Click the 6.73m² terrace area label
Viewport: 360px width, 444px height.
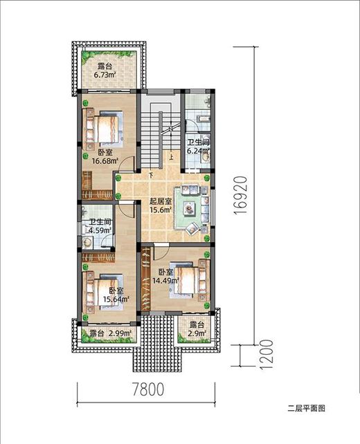tap(105, 75)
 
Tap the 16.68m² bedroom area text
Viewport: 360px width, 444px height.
tap(105, 161)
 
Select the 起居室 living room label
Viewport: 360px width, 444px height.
tap(161, 202)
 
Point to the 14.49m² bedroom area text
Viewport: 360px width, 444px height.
tap(165, 281)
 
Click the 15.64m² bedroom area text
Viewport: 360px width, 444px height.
tap(116, 299)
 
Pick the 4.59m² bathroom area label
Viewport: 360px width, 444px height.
tap(100, 230)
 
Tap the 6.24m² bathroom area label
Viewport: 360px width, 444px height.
tap(198, 151)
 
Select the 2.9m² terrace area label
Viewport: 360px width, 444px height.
tap(197, 333)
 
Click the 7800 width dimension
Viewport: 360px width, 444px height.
tap(148, 389)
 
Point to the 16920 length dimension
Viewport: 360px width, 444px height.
tap(240, 196)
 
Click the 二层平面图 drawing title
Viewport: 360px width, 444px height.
tap(307, 408)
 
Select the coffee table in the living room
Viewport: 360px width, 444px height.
tap(189, 207)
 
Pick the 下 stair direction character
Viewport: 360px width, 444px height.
tap(151, 175)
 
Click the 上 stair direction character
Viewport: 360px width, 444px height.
tap(171, 156)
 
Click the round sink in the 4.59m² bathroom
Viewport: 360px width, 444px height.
tap(87, 242)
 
